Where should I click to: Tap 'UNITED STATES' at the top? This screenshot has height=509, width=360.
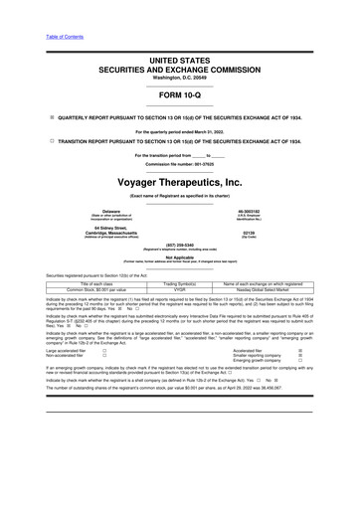coord(179,61)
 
